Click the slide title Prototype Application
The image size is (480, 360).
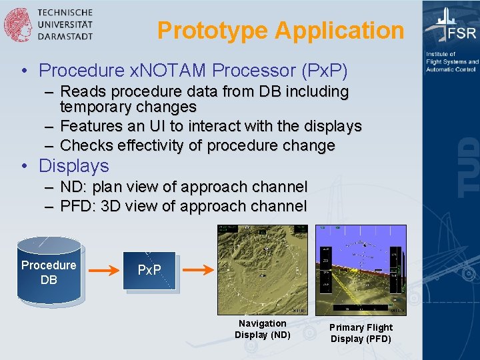pos(281,31)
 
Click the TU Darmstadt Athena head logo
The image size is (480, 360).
pos(18,25)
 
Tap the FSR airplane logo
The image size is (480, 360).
pos(451,27)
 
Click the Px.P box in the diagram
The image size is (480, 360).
pos(149,270)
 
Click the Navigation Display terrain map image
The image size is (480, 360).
pos(263,269)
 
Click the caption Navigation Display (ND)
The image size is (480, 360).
pos(263,329)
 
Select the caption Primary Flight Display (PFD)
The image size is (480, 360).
pos(361,333)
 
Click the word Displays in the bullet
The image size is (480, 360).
pos(74,165)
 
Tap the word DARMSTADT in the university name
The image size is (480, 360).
pos(65,37)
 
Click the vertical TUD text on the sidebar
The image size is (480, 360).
pos(469,167)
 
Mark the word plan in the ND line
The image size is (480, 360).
pos(109,187)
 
